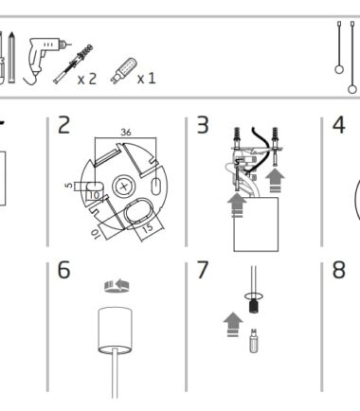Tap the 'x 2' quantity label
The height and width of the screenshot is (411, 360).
[x=87, y=79]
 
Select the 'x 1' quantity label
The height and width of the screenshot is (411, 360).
[x=147, y=79]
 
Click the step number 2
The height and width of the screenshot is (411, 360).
[x=64, y=125]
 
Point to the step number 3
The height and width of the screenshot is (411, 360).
[x=203, y=125]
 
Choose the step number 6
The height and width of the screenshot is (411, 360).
[x=63, y=270]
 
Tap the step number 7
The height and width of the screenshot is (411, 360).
[x=203, y=270]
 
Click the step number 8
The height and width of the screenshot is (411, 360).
[x=339, y=270]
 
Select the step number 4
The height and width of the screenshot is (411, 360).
[x=339, y=125]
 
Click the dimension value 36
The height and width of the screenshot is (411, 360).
[x=126, y=133]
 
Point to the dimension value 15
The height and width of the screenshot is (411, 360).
[x=148, y=228]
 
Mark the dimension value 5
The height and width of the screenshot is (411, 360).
[x=69, y=185]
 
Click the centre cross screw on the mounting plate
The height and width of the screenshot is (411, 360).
[x=124, y=187]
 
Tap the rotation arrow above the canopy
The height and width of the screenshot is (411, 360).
[x=117, y=286]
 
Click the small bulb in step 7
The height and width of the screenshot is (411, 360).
[x=254, y=341]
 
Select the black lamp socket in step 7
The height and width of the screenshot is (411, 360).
[x=254, y=307]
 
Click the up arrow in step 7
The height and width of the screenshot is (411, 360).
[x=233, y=325]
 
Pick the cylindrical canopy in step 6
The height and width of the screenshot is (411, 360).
[x=115, y=330]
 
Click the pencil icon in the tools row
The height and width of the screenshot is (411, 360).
[x=11, y=58]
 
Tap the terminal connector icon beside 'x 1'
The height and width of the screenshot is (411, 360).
[x=123, y=71]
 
